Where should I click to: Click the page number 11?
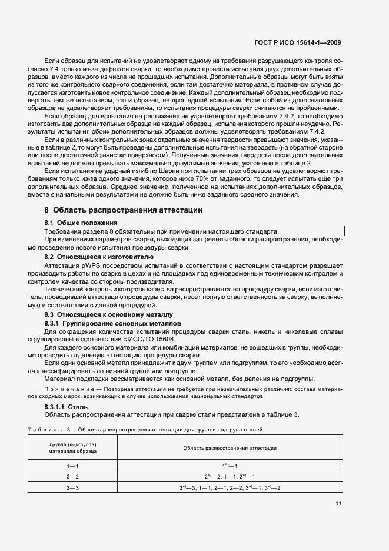[338, 503]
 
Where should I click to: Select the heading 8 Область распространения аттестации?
[124, 210]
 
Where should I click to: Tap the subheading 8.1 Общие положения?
[81, 223]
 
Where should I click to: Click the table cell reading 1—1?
[72, 465]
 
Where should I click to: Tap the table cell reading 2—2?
[72, 476]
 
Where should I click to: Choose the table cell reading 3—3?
[72, 487]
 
